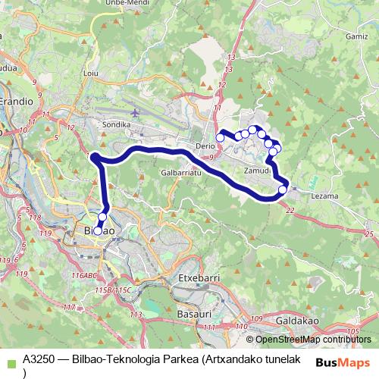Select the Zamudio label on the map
[x=258, y=171]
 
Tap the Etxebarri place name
[x=198, y=278]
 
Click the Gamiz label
[x=356, y=36]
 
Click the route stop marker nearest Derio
[x=220, y=137]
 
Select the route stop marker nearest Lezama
[x=283, y=189]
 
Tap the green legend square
[x=10, y=362]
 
